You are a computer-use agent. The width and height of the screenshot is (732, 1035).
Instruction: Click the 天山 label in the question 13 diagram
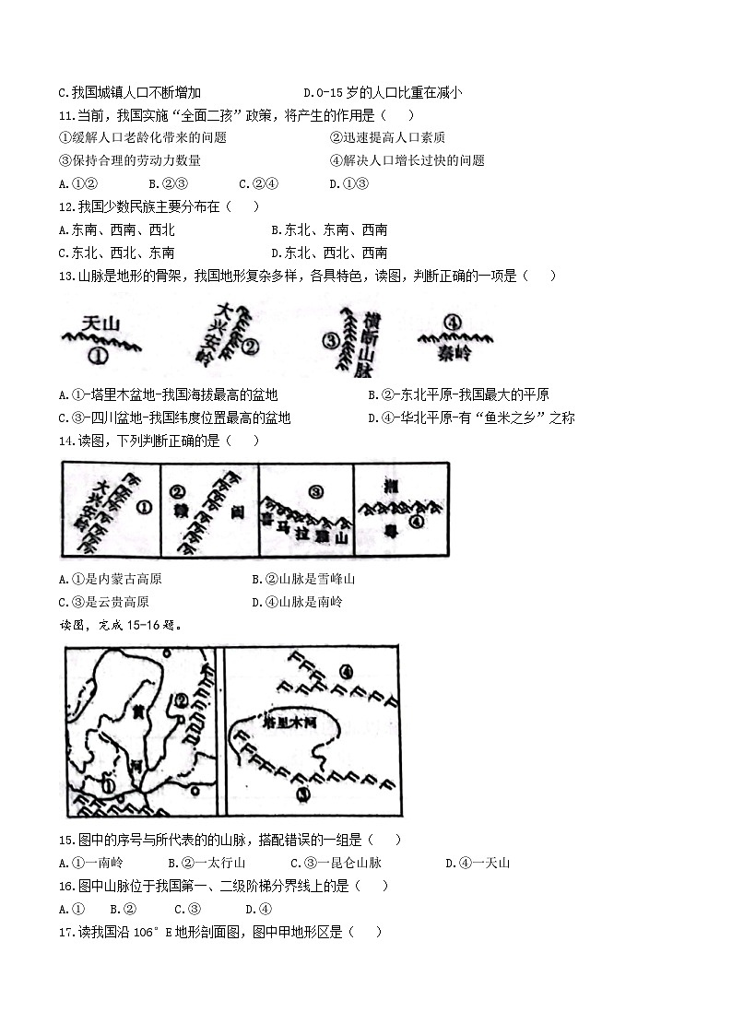pos(101,323)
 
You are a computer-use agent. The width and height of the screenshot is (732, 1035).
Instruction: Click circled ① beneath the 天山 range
pos(98,355)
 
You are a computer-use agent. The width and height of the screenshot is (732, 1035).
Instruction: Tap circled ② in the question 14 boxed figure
pos(178,491)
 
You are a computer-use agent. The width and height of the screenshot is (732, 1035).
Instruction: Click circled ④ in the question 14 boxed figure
pos(416,521)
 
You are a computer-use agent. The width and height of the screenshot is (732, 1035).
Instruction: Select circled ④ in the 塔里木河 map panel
pos(346,671)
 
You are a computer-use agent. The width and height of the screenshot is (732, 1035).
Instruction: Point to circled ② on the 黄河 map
pos(182,700)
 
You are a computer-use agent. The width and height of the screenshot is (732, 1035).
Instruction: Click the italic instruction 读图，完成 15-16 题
pos(120,624)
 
